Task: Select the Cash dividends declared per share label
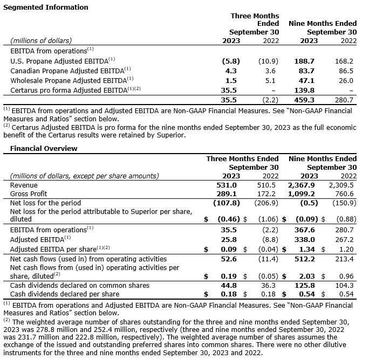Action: click(65, 294)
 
